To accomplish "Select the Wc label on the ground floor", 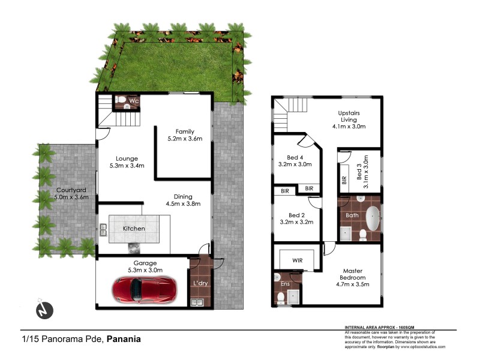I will click(134, 101).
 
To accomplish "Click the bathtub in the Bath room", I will click(373, 219).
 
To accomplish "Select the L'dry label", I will click(200, 283).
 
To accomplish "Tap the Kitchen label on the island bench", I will click(134, 229).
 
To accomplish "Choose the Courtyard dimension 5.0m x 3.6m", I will click(63, 197).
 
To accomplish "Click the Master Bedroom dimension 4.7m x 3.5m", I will click(353, 286).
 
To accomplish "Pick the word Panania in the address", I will click(124, 339).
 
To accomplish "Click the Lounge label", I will click(128, 159).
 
